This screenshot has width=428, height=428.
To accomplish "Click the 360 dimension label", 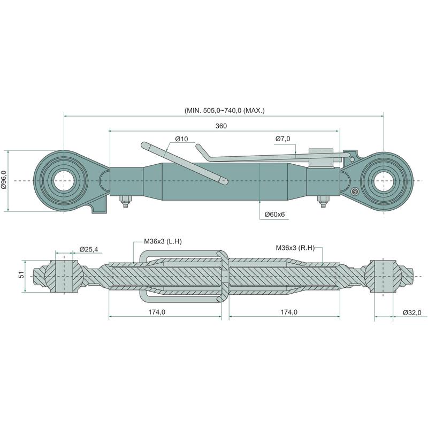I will coord(221,126).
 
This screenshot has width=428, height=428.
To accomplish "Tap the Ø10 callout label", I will coord(181,139).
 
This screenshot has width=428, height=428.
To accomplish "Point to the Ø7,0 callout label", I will coord(282,139).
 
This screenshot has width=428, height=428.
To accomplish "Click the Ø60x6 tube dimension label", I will coord(274,214).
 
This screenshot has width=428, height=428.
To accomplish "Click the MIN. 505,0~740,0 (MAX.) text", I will coord(224,111).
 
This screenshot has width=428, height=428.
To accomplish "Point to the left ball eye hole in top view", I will coord(64,181).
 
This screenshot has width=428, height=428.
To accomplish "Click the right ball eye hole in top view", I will coord(384,181).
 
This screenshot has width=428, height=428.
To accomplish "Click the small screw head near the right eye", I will coord(354,192).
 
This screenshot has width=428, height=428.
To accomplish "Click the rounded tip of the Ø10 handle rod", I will coord(225,181).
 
